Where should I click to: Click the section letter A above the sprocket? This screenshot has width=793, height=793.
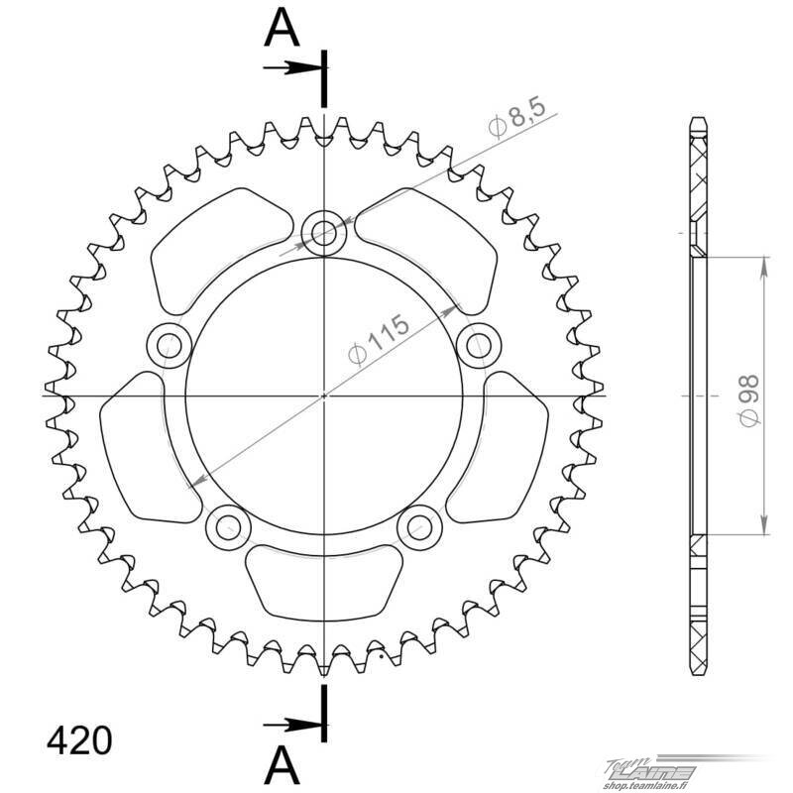coord(282,29)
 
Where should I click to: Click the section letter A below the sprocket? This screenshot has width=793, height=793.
coord(282,765)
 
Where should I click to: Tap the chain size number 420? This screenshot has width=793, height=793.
coord(79,740)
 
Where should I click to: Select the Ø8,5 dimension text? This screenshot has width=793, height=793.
coord(516,118)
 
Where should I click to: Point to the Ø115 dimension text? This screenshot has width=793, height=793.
coord(380,339)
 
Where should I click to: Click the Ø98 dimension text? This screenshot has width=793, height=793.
coord(749,400)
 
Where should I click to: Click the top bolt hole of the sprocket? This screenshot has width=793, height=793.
coord(324,233)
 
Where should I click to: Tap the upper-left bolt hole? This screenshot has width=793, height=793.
coord(169,346)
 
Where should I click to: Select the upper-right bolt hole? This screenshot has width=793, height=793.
coord(479,346)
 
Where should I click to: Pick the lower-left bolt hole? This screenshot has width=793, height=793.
coord(228,527)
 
